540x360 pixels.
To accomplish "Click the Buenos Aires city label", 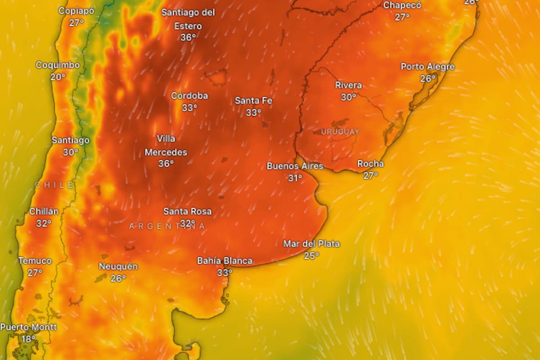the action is tap(295, 166).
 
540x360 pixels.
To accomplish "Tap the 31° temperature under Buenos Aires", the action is tap(295, 178).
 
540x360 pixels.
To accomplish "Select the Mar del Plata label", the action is tap(311, 244).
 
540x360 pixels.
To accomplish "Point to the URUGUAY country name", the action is tap(340, 131).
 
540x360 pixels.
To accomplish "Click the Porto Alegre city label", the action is tap(427, 67).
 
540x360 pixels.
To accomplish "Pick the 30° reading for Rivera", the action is tap(348, 97).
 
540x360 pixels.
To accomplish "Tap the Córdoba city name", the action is tap(189, 96).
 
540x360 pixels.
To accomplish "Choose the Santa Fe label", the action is tap(253, 101).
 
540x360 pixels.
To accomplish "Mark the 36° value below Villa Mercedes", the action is tap(166, 164).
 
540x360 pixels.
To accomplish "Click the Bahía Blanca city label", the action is tap(225, 261).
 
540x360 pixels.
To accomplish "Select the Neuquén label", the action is tap(118, 266).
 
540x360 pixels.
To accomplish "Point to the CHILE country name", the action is tap(54, 185).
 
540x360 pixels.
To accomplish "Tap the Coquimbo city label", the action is tap(58, 65).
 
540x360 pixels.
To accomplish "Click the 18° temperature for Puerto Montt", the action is tap(28, 339).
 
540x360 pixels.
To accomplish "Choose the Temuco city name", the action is tap(35, 261).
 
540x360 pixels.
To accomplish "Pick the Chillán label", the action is tap(44, 211).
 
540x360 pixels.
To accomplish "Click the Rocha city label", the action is tap(370, 164).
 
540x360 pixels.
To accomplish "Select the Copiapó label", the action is tap(76, 11).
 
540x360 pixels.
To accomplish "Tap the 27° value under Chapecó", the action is tap(402, 17).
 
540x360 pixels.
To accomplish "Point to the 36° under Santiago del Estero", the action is tap(188, 38).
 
